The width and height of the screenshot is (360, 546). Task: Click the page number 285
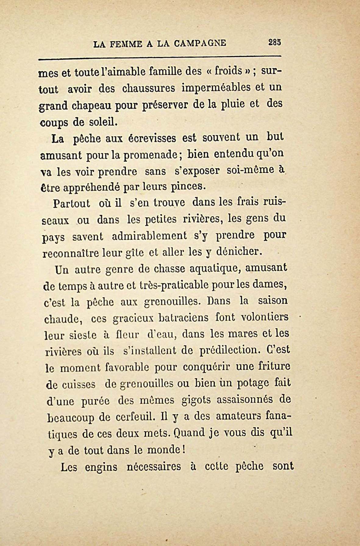click(274, 42)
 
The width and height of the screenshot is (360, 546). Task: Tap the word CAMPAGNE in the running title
click(200, 43)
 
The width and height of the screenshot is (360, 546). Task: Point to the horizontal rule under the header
click(160, 57)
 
